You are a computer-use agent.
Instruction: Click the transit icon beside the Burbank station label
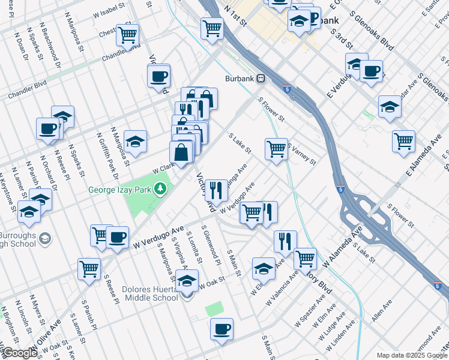(261, 79)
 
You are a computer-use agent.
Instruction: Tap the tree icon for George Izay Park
(160, 190)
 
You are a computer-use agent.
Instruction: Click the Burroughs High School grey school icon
(45, 239)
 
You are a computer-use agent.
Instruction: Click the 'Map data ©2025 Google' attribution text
(412, 355)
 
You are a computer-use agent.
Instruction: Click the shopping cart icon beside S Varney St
(276, 148)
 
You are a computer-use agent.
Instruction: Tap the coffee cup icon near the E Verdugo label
(371, 71)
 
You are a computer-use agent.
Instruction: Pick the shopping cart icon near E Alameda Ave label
(403, 140)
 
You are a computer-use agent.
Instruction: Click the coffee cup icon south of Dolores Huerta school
(221, 328)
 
